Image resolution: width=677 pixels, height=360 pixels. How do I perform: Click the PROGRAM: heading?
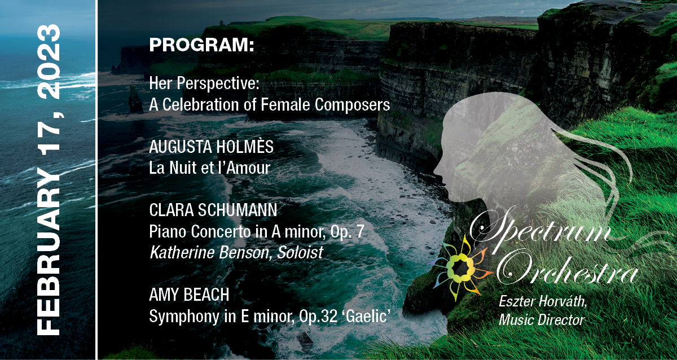click(x=201, y=45)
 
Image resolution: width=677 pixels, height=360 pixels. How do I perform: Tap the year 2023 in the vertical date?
click(x=49, y=62)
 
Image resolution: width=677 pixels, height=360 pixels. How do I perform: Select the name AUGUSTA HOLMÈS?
click(x=211, y=147)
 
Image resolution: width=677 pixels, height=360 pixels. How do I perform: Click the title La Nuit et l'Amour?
click(x=210, y=168)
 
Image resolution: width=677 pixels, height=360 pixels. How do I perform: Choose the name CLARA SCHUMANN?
click(x=213, y=210)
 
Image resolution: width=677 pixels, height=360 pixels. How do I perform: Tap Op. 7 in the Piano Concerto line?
click(x=347, y=232)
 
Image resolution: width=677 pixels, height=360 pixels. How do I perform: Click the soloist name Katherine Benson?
click(x=209, y=252)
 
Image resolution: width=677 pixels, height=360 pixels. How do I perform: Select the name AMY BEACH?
click(x=189, y=295)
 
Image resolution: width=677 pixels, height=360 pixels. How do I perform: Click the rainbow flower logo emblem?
click(x=459, y=268)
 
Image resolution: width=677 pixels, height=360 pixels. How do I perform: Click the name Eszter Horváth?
click(x=543, y=301)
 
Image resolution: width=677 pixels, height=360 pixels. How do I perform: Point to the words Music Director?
click(x=542, y=320)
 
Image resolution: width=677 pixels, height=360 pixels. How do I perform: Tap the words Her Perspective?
click(x=204, y=84)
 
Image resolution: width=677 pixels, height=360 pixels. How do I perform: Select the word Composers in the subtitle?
click(x=352, y=105)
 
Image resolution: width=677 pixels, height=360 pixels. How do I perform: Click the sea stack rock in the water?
click(x=135, y=99)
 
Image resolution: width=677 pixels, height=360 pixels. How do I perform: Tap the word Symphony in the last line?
click(x=184, y=317)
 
